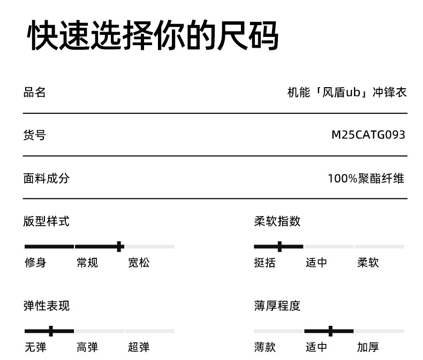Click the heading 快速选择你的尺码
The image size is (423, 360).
point(153,35)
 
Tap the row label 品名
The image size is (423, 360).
point(35,92)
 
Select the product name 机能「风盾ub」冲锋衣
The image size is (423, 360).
point(347,92)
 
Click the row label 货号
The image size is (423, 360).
point(35,135)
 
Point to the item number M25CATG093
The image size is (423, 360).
point(368,135)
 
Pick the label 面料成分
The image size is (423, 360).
point(46,178)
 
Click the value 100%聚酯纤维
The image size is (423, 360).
point(366,178)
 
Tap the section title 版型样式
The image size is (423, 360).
point(46,221)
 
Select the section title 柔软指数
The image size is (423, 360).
point(277,221)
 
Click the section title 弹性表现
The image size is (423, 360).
point(46,306)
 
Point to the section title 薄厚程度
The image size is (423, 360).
point(277,306)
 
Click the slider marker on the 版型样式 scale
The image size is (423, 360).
point(119,246)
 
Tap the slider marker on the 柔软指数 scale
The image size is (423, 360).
point(280,246)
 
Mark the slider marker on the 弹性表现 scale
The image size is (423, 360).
point(51,331)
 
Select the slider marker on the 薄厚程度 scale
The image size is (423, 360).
point(330,331)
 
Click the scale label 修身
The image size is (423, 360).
point(35,263)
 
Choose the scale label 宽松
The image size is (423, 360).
point(139,263)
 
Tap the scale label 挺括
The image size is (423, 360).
point(265,263)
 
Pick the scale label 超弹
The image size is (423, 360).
point(139,347)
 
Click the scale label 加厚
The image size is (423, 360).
point(368,347)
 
